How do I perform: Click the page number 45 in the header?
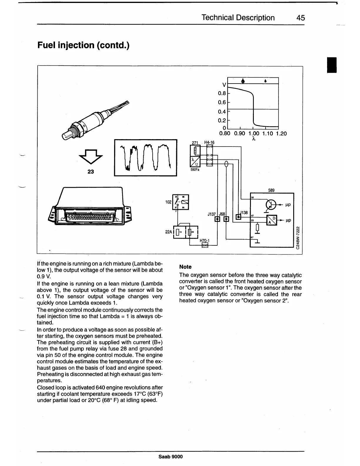click(301, 18)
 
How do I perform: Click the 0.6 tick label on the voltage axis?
click(222, 102)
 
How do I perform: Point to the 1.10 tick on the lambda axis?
click(265, 134)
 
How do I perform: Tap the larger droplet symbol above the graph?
click(243, 81)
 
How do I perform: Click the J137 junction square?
click(217, 219)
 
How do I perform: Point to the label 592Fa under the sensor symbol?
click(195, 169)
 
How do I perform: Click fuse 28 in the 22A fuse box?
click(190, 232)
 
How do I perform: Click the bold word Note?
click(185, 267)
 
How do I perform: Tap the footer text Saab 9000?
click(170, 457)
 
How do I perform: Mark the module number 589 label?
click(271, 190)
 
